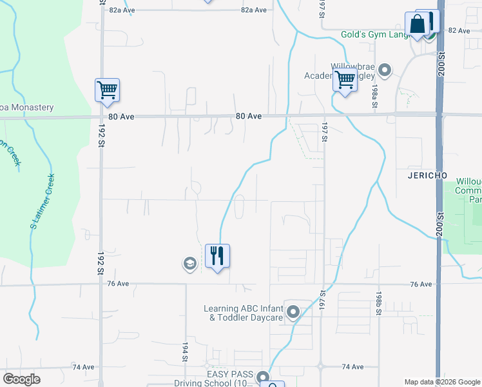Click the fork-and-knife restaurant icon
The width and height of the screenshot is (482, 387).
(217, 255)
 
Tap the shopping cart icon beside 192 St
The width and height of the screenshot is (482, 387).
(106, 90)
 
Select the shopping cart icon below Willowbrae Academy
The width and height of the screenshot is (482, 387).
(345, 81)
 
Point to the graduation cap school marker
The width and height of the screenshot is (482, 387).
(189, 264)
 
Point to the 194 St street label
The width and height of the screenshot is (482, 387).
(185, 352)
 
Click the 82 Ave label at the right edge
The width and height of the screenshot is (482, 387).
(459, 30)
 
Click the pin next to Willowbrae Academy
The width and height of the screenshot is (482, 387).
(385, 70)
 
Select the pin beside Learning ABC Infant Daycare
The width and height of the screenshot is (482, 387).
(293, 313)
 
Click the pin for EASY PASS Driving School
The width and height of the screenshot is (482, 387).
(262, 377)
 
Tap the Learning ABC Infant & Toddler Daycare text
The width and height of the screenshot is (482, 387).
(243, 313)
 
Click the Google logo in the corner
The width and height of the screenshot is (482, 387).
(22, 379)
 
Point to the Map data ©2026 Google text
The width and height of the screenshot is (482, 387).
(441, 381)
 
